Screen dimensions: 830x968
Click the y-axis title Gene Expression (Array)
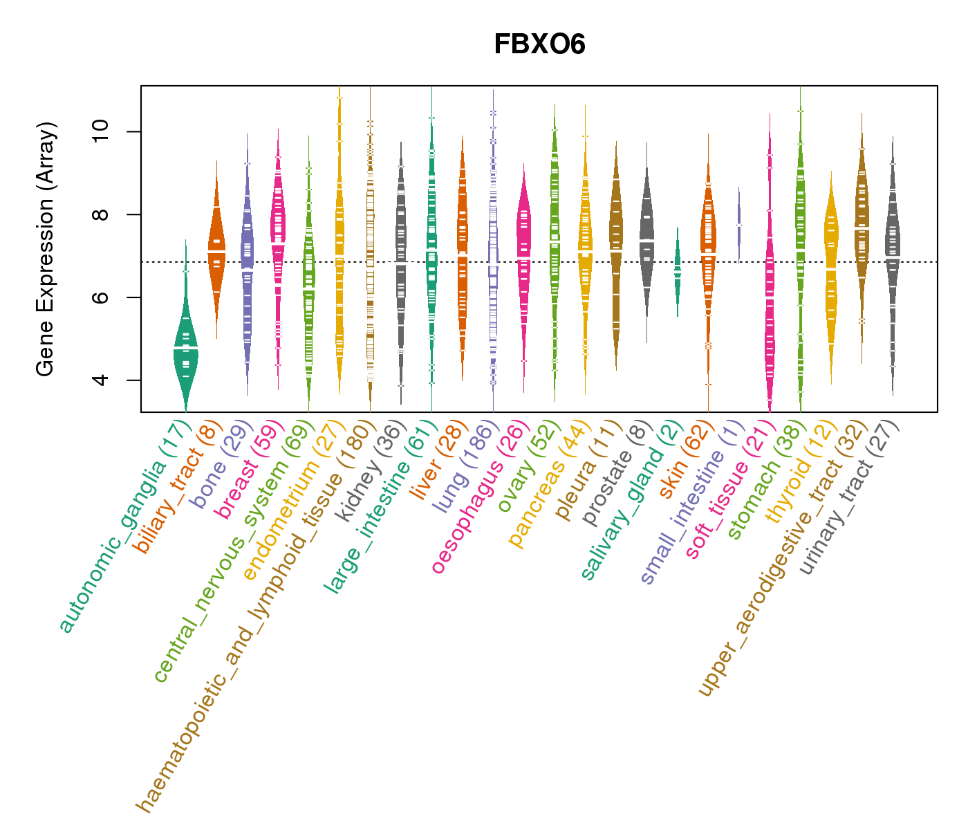(46, 249)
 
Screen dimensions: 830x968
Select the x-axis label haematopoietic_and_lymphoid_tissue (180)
(253, 616)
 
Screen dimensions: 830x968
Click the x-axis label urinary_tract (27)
(850, 498)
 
